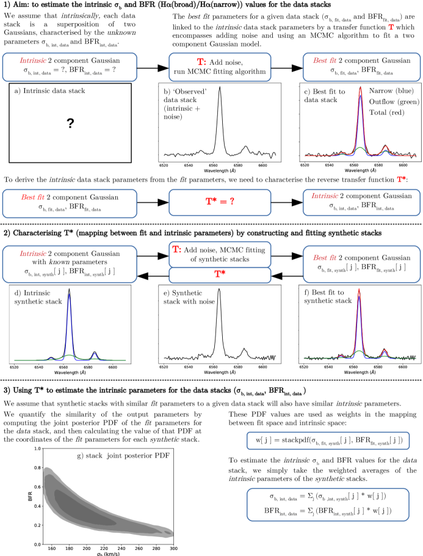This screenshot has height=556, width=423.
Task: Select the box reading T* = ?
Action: pos(219,202)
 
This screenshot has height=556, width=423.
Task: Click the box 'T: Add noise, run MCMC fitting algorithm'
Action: pos(219,67)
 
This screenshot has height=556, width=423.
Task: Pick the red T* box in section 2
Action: pos(219,276)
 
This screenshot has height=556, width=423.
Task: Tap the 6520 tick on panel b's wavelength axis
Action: pos(164,165)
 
